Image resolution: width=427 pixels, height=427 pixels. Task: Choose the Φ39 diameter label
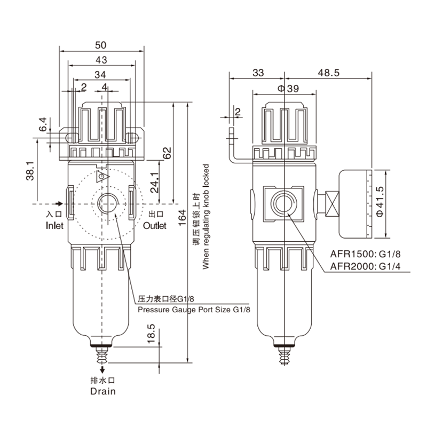pyautogui.click(x=285, y=89)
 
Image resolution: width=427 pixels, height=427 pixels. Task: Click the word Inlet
pyautogui.click(x=54, y=226)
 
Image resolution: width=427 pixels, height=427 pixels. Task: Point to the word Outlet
pyautogui.click(x=155, y=226)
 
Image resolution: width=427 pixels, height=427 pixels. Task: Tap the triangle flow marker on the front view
pyautogui.click(x=103, y=175)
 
